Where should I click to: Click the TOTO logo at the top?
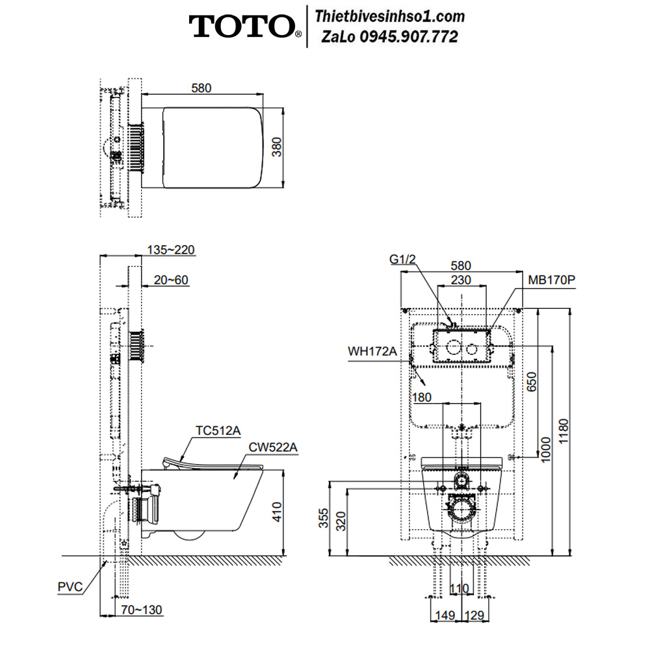[245, 27]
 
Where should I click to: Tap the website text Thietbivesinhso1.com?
[389, 17]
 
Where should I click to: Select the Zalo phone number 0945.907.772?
[409, 37]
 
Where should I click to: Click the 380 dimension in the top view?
[277, 147]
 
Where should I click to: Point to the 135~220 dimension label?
[171, 250]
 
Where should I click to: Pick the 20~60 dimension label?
[171, 280]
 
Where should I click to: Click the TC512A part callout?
[218, 431]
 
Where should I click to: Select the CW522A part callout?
[273, 448]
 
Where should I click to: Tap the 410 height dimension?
[277, 512]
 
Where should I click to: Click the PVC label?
[70, 587]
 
